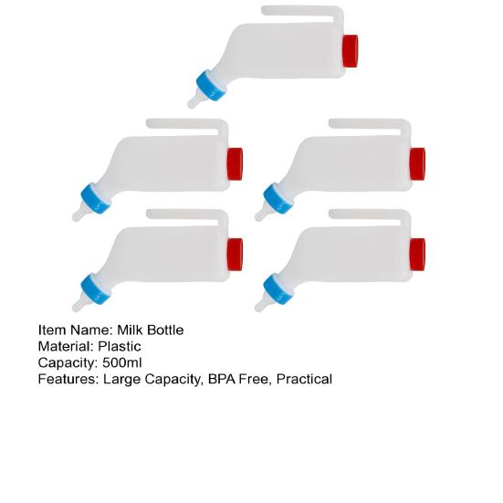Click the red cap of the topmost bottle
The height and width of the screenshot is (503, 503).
pos(350,51)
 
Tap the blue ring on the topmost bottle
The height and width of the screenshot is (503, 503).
pos(212,85)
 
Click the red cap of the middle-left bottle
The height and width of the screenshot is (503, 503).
pos(235,164)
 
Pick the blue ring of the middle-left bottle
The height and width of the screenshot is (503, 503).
pos(96,198)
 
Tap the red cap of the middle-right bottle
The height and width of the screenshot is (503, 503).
pos(417,164)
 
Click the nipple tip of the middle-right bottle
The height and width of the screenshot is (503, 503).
pos(258,217)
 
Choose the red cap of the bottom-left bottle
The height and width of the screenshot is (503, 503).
pos(235,255)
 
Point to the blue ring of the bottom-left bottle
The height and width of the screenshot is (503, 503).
pos(96,288)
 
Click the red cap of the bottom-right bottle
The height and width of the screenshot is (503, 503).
pos(417,255)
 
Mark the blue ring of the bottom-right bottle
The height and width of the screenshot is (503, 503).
pos(278,288)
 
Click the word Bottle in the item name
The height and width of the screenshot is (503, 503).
pos(165,330)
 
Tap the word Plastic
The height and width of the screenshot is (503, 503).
pos(120,347)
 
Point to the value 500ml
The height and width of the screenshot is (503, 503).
pos(122,362)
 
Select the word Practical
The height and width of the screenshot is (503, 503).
pos(304,379)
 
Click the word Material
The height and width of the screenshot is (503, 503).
pos(67,347)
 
